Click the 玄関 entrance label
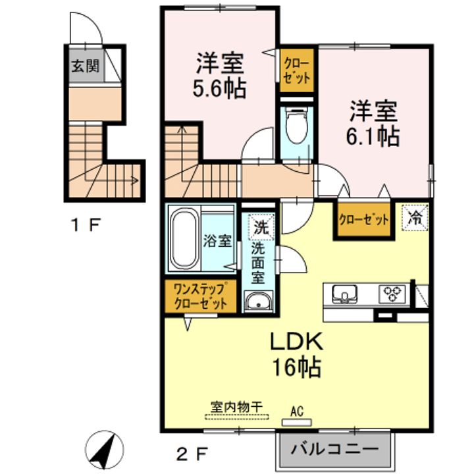point(85,66)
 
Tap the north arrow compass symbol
point(105,449)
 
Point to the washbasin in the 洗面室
point(258,301)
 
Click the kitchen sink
point(344,293)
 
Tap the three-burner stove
point(392,293)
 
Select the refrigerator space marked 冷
point(415,218)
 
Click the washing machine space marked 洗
point(261,226)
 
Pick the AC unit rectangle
point(296,422)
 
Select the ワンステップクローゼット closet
point(200,296)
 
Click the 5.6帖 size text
point(219,88)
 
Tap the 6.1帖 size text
point(373,136)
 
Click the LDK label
point(296,342)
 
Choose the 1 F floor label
point(85,225)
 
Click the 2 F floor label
point(192,454)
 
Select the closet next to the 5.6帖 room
point(296,70)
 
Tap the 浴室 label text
point(217,241)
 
